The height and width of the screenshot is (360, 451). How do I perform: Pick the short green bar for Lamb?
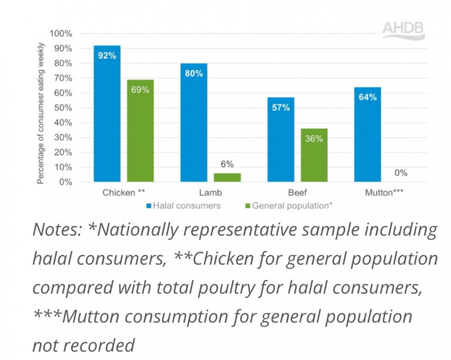tap(227, 177)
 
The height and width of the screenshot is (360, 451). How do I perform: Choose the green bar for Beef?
tap(314, 155)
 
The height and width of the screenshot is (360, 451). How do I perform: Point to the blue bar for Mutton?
tap(368, 134)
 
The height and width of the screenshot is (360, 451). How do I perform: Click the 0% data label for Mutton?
tap(401, 173)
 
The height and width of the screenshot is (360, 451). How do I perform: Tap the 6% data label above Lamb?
tap(227, 164)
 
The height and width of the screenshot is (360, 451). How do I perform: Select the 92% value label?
tap(107, 56)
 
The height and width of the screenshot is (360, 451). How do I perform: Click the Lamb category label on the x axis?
tap(210, 193)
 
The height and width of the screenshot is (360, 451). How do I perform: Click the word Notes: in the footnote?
tap(57, 230)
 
